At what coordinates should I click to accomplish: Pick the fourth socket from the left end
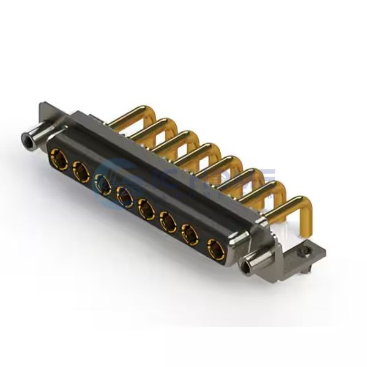[x=124, y=198]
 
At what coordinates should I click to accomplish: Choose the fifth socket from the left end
[x=146, y=210]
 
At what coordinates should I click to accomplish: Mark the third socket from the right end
[x=168, y=221]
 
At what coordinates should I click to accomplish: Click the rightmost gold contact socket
[x=215, y=248]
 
